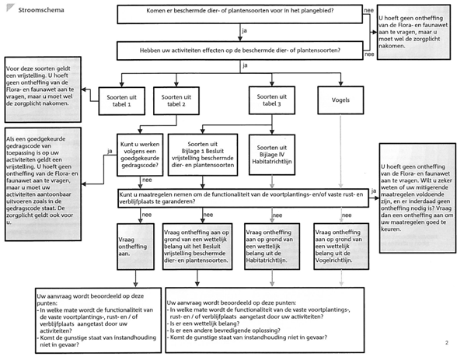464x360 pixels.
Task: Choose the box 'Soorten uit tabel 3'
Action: pos(267,99)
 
